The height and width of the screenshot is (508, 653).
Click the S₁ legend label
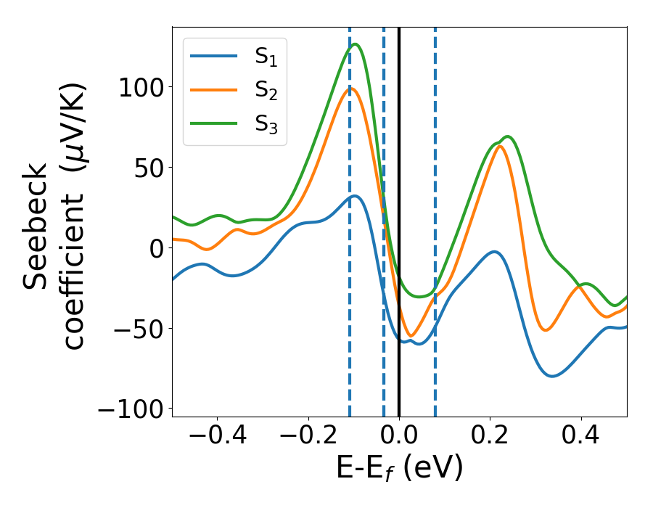pyautogui.click(x=266, y=57)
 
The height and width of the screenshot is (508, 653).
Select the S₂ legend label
pyautogui.click(x=266, y=91)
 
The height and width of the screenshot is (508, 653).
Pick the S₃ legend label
pyautogui.click(x=266, y=124)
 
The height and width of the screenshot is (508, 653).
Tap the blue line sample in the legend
pyautogui.click(x=213, y=56)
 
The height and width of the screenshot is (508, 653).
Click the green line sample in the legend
pyautogui.click(x=213, y=123)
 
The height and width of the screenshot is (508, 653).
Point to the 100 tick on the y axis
pyautogui.click(x=145, y=87)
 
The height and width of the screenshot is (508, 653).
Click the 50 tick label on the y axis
pyautogui.click(x=152, y=168)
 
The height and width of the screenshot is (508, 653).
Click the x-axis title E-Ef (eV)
pyautogui.click(x=399, y=469)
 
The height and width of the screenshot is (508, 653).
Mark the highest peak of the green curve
pyautogui.click(x=355, y=44)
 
